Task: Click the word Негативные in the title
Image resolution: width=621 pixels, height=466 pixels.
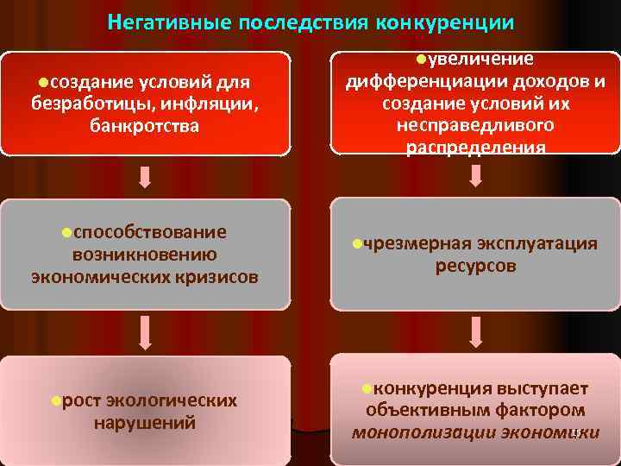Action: (163, 22)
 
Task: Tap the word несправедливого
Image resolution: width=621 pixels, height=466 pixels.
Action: (475, 125)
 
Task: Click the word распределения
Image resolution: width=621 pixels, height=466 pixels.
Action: (475, 147)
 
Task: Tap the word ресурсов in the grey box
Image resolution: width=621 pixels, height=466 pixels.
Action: (475, 266)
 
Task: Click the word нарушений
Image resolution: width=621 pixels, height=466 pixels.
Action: (144, 423)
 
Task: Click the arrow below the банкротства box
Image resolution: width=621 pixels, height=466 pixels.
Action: (145, 177)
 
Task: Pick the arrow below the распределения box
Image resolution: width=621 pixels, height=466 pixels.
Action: (475, 177)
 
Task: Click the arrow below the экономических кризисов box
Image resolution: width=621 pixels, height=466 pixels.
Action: (145, 331)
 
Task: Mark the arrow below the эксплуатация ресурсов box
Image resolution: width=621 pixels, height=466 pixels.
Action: (475, 331)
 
